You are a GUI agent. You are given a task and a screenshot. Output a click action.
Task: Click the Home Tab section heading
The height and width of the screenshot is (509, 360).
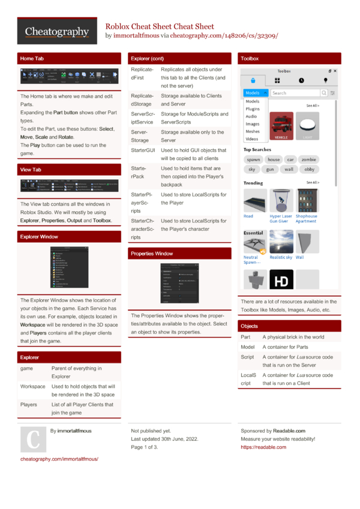[31, 59]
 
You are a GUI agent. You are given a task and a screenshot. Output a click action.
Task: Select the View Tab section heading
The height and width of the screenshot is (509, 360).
[31, 170]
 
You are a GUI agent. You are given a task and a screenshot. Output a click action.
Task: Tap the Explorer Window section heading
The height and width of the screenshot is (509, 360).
[39, 237]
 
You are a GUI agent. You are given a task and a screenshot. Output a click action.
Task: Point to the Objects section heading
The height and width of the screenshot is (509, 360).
[249, 326]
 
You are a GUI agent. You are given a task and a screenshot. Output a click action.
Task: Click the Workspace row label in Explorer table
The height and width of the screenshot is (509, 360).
[33, 387]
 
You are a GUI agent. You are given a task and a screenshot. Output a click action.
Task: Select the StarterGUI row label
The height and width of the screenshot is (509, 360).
[143, 150]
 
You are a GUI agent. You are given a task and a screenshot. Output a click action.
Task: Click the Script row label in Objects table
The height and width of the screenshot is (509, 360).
[247, 357]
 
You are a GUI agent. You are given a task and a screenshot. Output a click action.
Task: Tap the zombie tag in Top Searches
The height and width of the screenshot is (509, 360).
[308, 160]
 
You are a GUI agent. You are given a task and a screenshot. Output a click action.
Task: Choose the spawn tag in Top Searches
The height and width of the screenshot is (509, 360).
[254, 160]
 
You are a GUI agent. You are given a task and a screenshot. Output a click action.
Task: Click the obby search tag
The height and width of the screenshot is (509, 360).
[309, 170]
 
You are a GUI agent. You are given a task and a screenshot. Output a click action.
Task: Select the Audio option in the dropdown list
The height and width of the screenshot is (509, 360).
[251, 116]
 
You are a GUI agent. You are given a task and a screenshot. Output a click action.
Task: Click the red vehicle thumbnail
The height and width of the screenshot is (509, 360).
[283, 126]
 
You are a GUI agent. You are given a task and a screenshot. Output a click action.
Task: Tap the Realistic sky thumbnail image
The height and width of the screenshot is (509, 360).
[281, 241]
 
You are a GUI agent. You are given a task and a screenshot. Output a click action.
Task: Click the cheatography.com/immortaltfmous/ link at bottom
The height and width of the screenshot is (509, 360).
[59, 459]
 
